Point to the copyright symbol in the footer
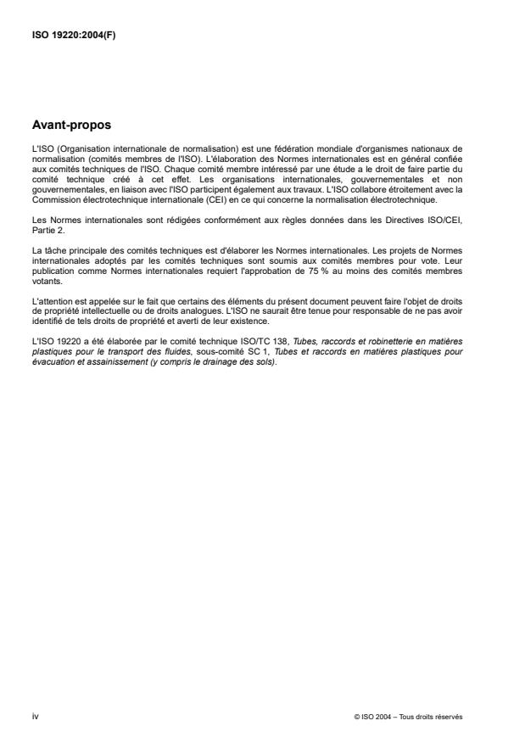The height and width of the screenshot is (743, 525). (358, 717)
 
